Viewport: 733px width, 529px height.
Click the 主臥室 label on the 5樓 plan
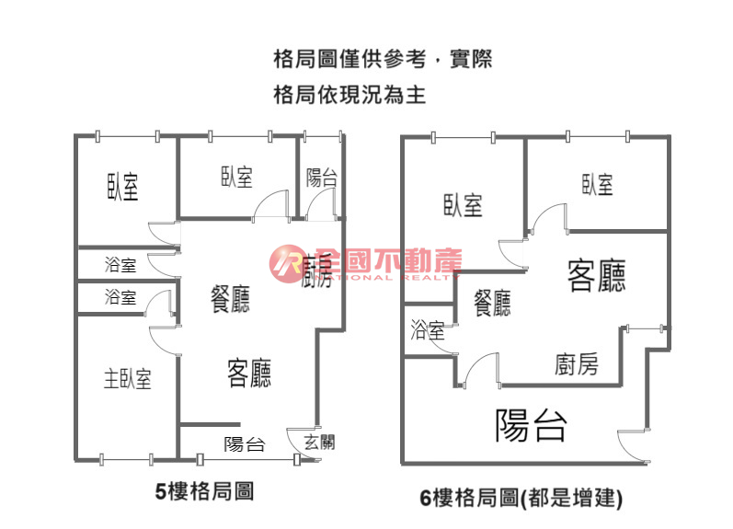[x=127, y=378]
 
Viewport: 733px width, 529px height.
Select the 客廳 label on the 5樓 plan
[x=248, y=373]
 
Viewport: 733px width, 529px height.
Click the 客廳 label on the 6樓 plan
[x=596, y=275]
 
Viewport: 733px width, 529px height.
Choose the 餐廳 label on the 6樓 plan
[x=492, y=303]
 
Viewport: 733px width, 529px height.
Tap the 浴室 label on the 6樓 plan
[x=428, y=328]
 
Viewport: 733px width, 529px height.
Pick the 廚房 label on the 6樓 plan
[x=577, y=364]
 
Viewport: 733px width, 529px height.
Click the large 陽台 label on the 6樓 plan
[x=531, y=425]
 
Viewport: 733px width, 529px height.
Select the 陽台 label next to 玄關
[x=245, y=444]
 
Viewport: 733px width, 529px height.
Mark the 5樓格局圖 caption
[x=203, y=492]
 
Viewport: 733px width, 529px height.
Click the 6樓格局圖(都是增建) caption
[x=521, y=499]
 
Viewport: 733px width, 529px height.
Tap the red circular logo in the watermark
[x=286, y=264]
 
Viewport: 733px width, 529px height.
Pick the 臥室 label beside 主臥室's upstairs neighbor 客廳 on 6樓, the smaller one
[x=597, y=185]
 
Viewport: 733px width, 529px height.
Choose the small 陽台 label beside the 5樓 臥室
[x=321, y=178]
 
